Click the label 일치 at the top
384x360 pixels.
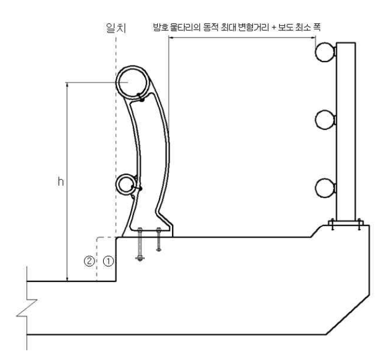point(116,28)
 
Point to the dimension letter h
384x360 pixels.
point(60,182)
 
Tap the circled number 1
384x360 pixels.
point(108,261)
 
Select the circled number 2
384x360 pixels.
point(89,261)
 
